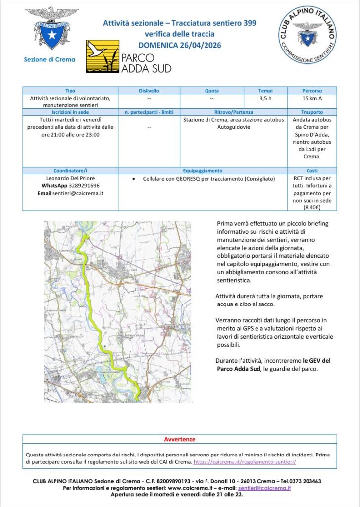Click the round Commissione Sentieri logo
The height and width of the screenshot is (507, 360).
pyautogui.click(x=307, y=34)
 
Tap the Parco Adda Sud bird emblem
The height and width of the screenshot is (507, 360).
pyautogui.click(x=103, y=56)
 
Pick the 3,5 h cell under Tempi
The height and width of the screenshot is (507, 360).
pyautogui.click(x=265, y=98)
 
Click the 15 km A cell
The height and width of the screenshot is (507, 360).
pyautogui.click(x=312, y=98)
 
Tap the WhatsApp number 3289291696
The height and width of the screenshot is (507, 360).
pyautogui.click(x=82, y=185)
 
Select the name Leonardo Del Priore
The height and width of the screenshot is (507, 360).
pyautogui.click(x=70, y=178)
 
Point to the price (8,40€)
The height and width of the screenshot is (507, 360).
pyautogui.click(x=312, y=208)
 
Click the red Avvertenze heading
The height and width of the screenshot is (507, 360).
pyautogui.click(x=179, y=439)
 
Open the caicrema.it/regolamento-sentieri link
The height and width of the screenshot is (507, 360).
pyautogui.click(x=244, y=461)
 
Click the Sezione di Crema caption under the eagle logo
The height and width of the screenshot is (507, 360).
pyautogui.click(x=50, y=60)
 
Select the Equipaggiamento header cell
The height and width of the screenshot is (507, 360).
pyautogui.click(x=203, y=170)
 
